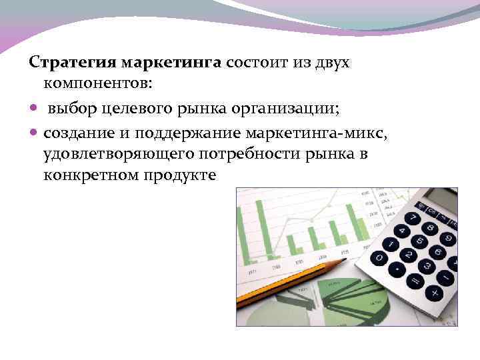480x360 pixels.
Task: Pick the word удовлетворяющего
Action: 118,155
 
